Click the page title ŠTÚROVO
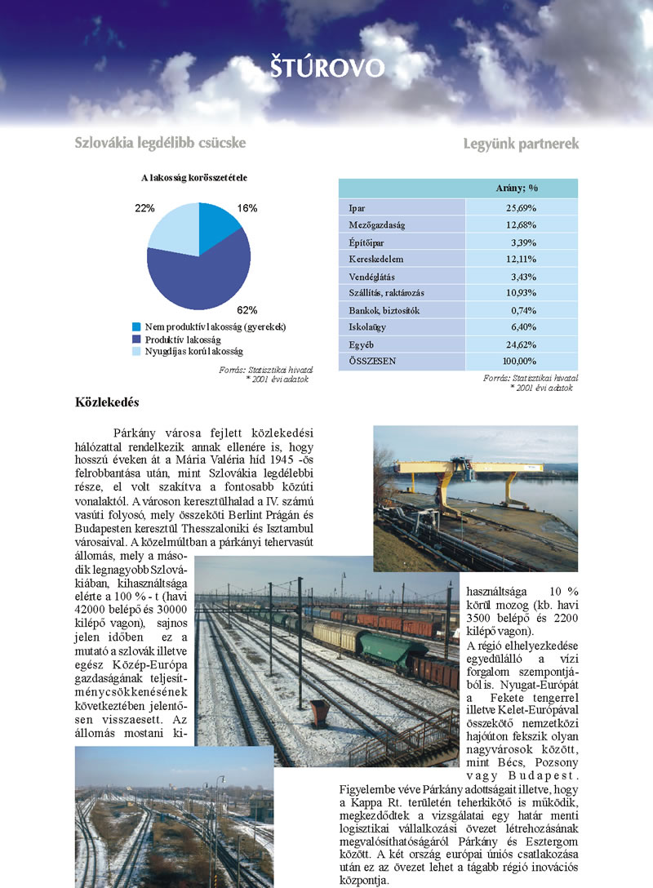click(x=326, y=68)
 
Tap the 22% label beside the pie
click(x=145, y=208)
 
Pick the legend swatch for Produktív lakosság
click(x=137, y=339)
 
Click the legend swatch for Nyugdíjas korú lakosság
click(x=137, y=351)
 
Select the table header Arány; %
click(x=522, y=189)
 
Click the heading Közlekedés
click(x=107, y=402)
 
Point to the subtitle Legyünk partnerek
click(x=521, y=144)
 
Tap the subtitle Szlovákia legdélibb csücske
click(x=160, y=143)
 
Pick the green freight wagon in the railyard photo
click(x=393, y=649)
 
